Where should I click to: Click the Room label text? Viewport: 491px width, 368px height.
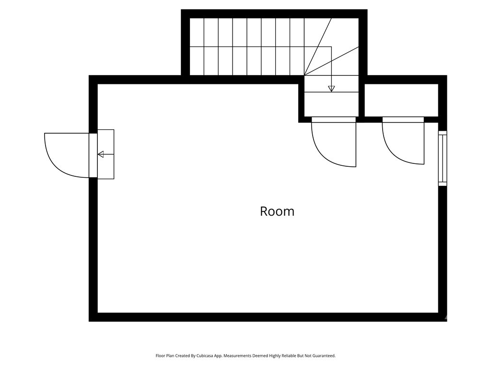(x=277, y=211)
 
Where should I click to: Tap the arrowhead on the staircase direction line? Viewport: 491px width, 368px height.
(x=331, y=89)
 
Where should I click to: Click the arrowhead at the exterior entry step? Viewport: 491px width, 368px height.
(x=101, y=154)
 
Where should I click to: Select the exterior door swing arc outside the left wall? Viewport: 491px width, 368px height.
(x=62, y=158)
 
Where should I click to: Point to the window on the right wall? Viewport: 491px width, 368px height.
(x=443, y=158)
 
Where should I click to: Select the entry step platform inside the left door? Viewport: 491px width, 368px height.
(x=106, y=154)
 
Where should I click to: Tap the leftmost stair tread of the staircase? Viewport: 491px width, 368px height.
(x=197, y=47)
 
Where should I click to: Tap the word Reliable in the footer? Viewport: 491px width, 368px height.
(x=283, y=356)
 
